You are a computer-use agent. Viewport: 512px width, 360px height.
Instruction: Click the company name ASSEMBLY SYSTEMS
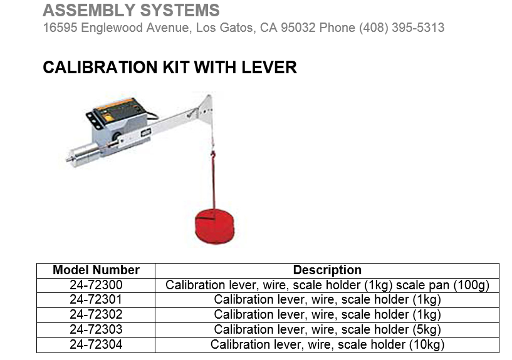[131, 11]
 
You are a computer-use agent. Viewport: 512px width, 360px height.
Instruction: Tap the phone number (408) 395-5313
[402, 28]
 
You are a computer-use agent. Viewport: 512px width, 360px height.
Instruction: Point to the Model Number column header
[96, 270]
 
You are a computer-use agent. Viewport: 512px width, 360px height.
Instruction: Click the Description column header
[327, 270]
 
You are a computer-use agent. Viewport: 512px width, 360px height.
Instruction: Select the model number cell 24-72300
[96, 285]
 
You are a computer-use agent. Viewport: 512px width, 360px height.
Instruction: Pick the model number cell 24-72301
[96, 299]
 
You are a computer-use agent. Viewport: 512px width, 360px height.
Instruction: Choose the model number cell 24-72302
[96, 314]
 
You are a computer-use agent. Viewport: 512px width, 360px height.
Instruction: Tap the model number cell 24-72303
[96, 329]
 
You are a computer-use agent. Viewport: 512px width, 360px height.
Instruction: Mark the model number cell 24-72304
[96, 344]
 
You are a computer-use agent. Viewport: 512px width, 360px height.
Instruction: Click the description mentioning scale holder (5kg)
[327, 329]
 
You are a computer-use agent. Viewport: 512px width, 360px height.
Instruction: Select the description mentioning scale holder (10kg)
[327, 344]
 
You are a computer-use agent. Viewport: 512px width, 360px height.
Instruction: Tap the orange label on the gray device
[115, 110]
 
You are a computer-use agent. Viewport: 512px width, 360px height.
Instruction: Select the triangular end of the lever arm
[205, 106]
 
